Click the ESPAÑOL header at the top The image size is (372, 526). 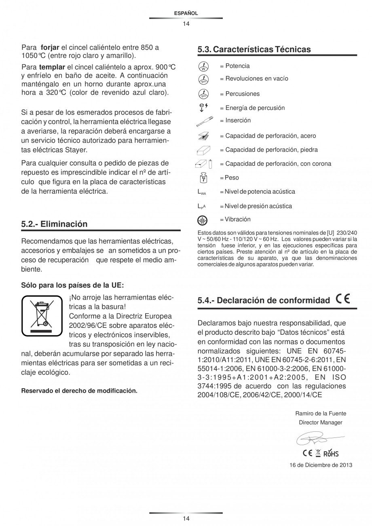tap(186, 13)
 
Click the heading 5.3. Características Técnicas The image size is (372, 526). tap(254, 49)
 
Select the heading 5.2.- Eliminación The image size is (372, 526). tap(54, 224)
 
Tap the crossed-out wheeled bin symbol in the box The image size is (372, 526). tap(42, 316)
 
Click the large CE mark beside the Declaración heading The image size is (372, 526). tap(343, 300)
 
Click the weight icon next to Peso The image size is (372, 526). tap(204, 177)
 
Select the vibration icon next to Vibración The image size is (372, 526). tap(202, 220)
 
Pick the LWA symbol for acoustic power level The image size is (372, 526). tap(201, 192)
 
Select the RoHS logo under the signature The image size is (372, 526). tap(331, 453)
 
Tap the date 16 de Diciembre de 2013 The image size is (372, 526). tap(321, 465)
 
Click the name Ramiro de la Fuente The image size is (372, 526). tap(321, 413)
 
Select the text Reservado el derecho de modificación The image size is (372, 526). tap(79, 391)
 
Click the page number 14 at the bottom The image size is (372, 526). tap(186, 518)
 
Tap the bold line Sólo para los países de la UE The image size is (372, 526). tap(72, 285)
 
